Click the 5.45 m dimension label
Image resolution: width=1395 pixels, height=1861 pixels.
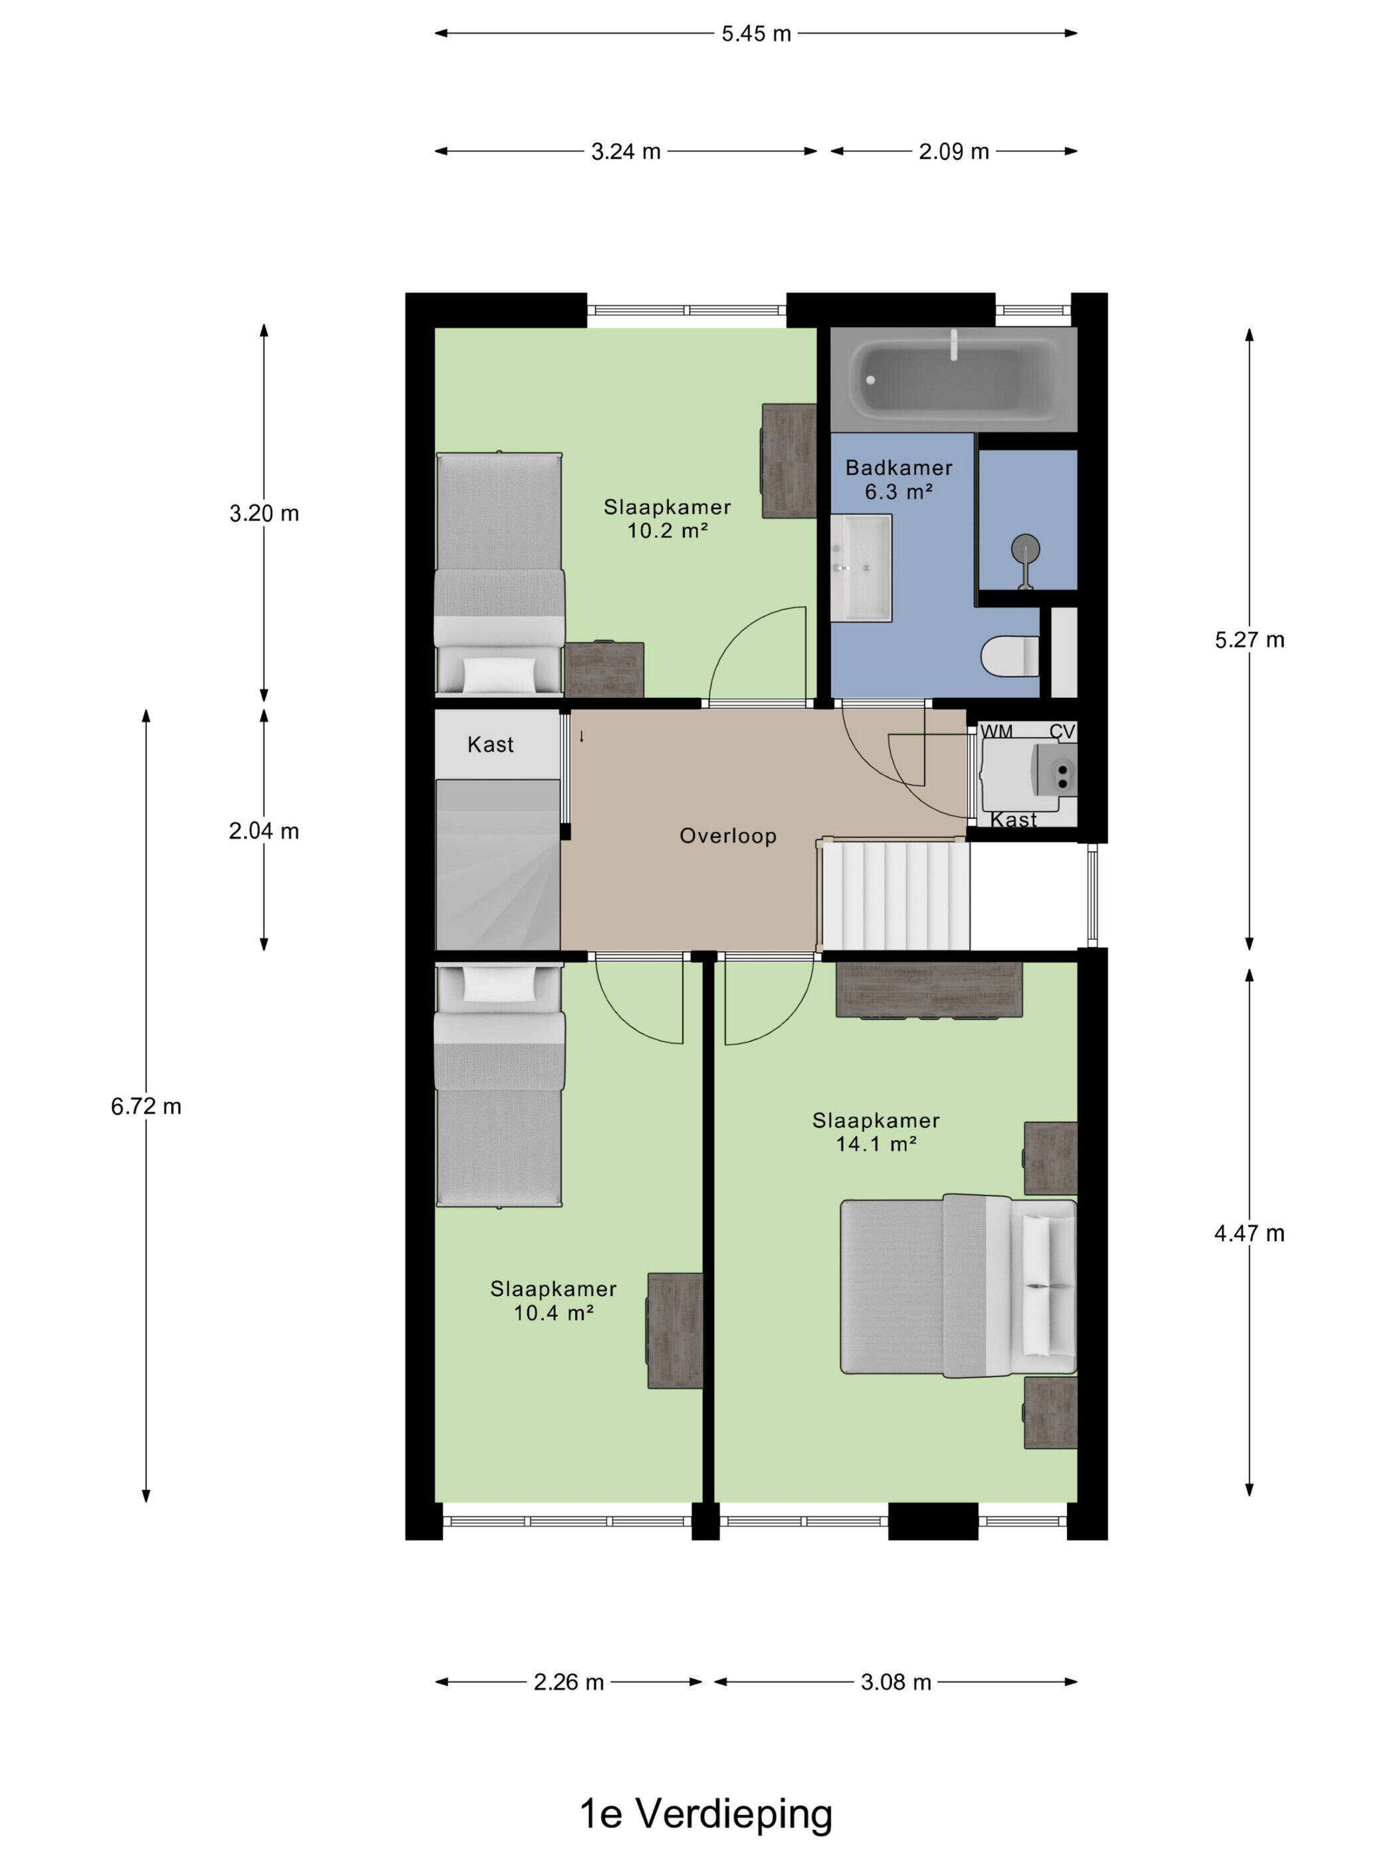coord(756,34)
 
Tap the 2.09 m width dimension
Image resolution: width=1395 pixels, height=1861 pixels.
coord(953,152)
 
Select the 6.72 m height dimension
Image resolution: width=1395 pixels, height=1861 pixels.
coord(146,1107)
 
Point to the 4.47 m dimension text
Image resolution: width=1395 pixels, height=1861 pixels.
coord(1249,1234)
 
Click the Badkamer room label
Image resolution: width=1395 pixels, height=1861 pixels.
coord(898,468)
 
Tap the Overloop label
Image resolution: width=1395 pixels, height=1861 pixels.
coord(727,836)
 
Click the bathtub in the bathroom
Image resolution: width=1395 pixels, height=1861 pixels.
coord(953,380)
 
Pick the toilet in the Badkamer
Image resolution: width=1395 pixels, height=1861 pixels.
coord(1011,656)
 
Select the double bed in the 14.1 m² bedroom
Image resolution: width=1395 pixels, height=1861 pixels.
coord(959,1285)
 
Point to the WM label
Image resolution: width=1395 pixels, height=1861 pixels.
coord(996,732)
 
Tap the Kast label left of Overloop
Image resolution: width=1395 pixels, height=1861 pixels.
coord(490,744)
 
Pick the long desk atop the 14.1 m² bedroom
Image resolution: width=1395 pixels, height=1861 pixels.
coord(929,990)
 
